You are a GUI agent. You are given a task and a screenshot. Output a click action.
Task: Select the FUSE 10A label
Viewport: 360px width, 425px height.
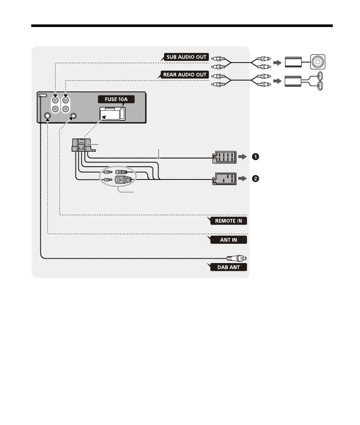click(114, 99)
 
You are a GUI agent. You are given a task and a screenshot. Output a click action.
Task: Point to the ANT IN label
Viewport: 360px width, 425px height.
click(228, 240)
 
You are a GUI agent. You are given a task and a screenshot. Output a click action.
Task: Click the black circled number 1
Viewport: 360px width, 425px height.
click(255, 157)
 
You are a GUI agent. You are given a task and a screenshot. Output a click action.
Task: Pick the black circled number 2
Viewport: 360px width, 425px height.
click(255, 178)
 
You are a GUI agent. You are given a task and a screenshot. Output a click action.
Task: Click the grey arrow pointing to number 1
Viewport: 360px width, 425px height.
click(243, 157)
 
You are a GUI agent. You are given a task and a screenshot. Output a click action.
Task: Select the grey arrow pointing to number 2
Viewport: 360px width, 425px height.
click(243, 178)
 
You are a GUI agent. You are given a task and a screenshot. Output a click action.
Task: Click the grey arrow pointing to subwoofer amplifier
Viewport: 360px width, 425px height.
click(278, 63)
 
